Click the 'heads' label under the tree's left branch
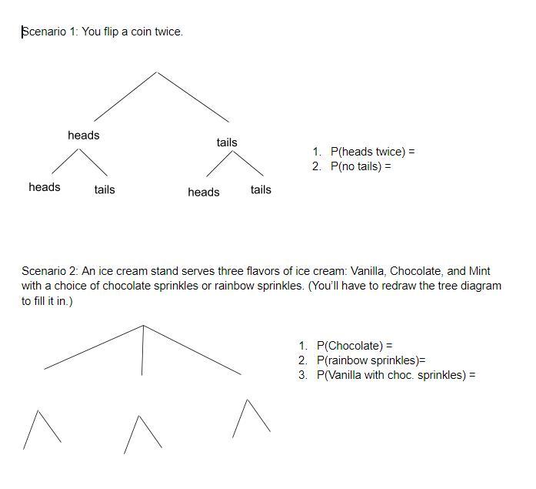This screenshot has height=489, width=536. tap(83, 136)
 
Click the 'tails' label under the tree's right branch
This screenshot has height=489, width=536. tap(227, 142)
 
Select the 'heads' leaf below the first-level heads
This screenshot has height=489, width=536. tap(45, 187)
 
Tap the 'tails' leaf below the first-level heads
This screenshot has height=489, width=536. tap(105, 189)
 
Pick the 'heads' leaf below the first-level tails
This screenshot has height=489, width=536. tap(204, 193)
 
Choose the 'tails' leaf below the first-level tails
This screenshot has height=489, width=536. tap(261, 189)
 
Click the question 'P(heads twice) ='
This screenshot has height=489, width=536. tap(372, 152)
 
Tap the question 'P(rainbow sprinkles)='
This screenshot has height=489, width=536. tap(371, 360)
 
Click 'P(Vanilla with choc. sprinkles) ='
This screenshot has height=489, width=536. tap(396, 375)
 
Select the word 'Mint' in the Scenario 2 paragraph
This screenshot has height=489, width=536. tap(479, 271)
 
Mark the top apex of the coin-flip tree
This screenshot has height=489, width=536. tap(157, 72)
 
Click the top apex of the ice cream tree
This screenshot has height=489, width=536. tap(143, 325)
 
